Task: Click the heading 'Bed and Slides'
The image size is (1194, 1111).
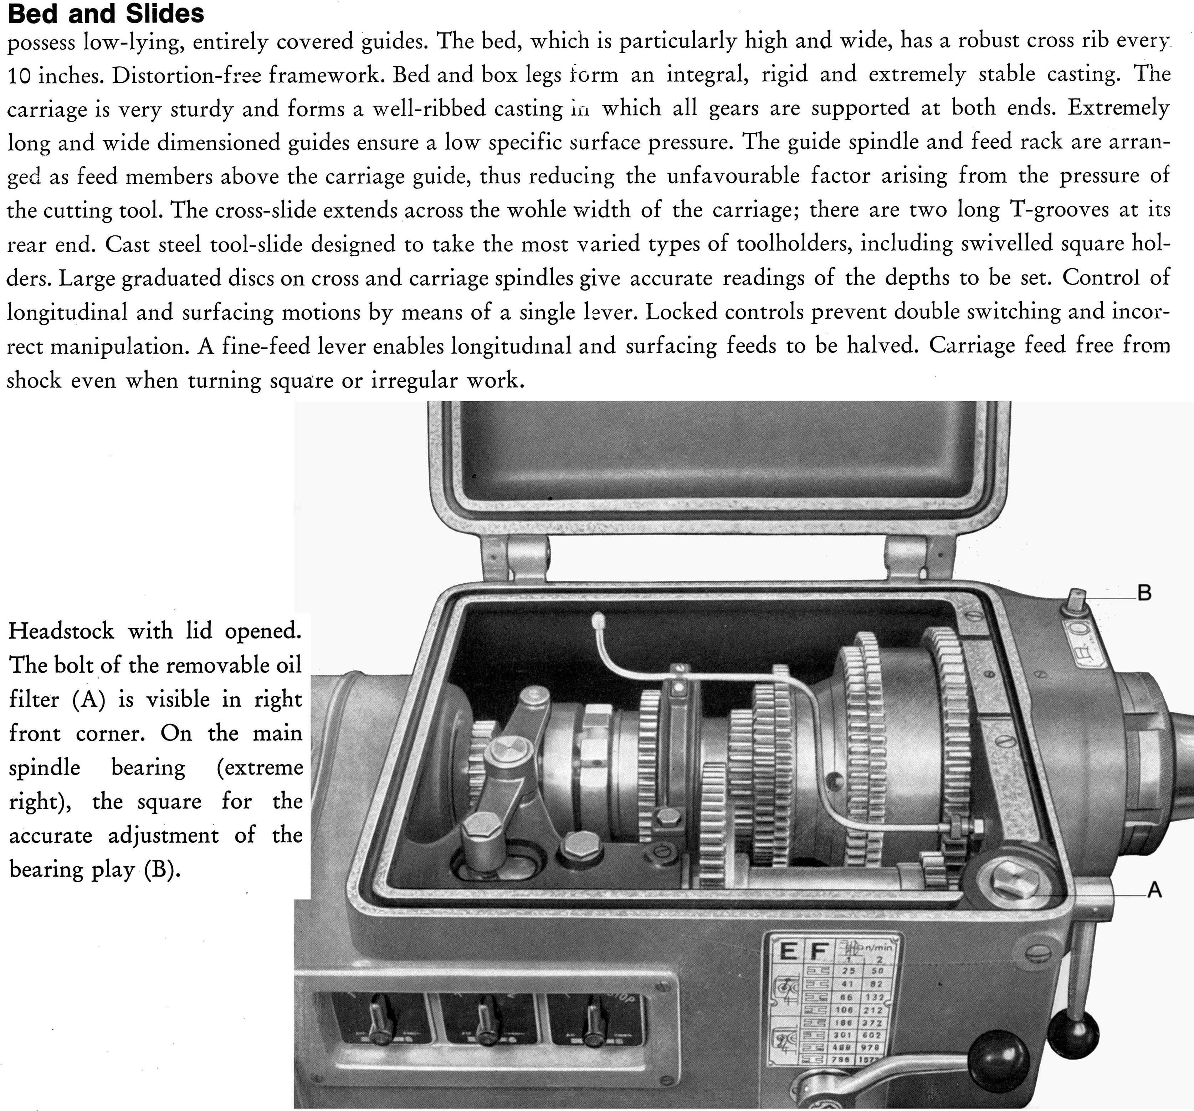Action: (106, 13)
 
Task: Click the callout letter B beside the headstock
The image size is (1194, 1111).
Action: (1144, 593)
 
